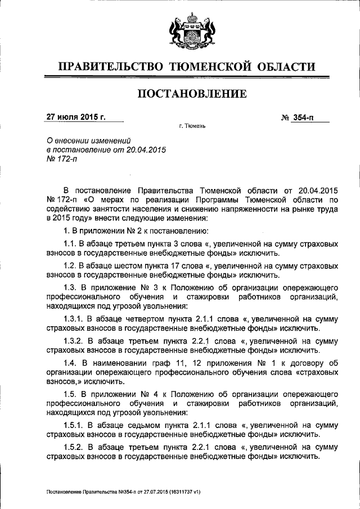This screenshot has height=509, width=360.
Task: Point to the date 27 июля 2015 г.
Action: click(x=76, y=118)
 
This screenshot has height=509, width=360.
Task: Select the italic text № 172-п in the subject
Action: click(x=61, y=160)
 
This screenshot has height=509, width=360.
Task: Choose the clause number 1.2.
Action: click(x=70, y=265)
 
